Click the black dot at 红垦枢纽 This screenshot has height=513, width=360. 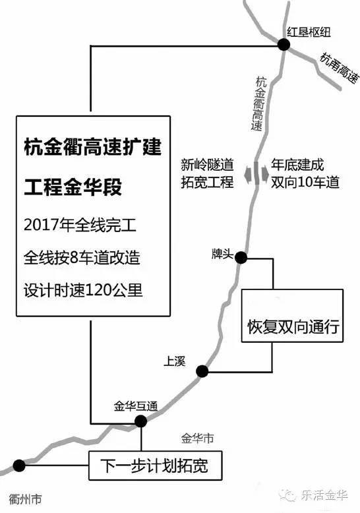point(284,44)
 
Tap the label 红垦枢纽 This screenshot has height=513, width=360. point(309,32)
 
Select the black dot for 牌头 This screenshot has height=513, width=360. point(241,258)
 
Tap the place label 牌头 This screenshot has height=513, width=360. point(222,254)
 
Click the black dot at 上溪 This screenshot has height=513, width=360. point(202,371)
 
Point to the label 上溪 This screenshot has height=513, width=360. point(175,361)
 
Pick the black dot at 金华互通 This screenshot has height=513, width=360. point(140,421)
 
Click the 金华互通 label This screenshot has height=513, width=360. point(136,406)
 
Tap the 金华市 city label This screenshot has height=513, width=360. point(198,438)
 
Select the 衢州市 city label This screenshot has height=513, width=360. point(26,499)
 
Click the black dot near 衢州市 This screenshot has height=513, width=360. point(19,465)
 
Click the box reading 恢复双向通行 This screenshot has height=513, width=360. point(292,316)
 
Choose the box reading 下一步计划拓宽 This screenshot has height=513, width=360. point(155,466)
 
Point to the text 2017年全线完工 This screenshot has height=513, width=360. point(80,225)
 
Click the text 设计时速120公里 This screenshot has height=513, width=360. point(83,290)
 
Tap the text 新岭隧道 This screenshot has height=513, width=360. point(207,165)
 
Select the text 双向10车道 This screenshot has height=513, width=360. point(305,182)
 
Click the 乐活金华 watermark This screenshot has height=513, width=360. point(315,496)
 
